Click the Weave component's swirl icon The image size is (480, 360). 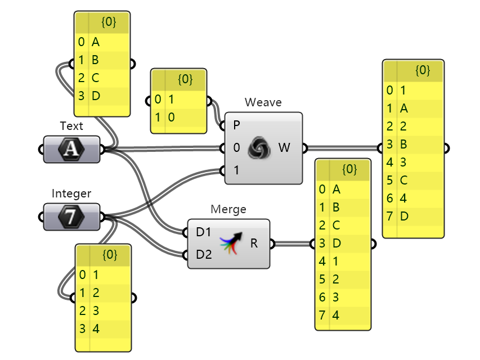click(259, 148)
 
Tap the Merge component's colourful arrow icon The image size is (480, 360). click(231, 243)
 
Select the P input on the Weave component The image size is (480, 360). click(236, 125)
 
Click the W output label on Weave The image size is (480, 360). click(284, 148)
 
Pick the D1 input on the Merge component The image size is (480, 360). click(203, 232)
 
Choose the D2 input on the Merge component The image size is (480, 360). click(204, 254)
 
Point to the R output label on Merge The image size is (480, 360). click(254, 244)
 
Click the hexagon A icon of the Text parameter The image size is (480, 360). click(71, 149)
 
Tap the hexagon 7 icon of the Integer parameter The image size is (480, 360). click(71, 217)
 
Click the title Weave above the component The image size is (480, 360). click(263, 102)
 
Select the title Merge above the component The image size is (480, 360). click(228, 209)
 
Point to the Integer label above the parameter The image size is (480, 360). click(71, 193)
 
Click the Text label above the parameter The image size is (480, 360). click(71, 126)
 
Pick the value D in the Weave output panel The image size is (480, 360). click(404, 216)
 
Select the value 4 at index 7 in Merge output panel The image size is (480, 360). click(336, 315)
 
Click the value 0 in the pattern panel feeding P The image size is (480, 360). click(171, 117)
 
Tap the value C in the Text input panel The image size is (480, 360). click(95, 78)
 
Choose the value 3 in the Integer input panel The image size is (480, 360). click(96, 310)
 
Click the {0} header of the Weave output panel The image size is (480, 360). click(423, 70)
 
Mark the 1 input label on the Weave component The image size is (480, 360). click(236, 170)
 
